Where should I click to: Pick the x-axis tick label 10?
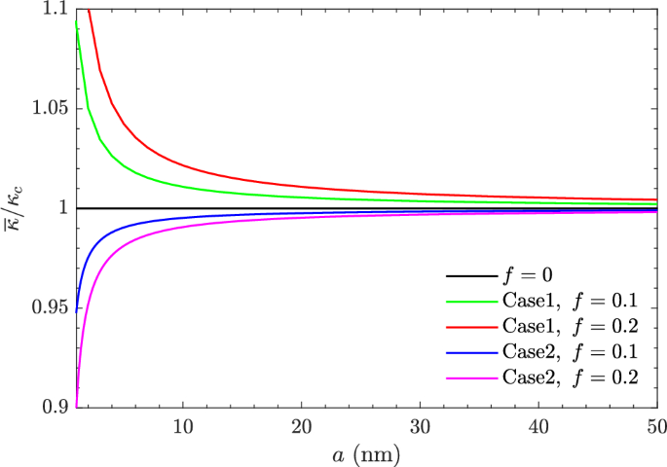(x=182, y=426)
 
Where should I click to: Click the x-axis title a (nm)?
(x=366, y=452)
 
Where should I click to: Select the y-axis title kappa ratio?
(x=18, y=208)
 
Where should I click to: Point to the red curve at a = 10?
(x=182, y=157)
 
